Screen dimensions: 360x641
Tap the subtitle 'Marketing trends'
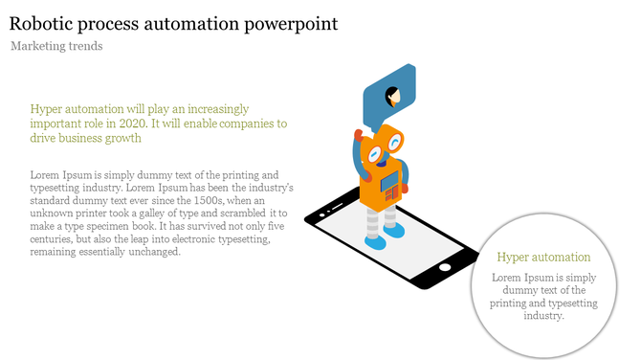pyautogui.click(x=56, y=46)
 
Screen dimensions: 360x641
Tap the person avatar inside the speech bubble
pyautogui.click(x=392, y=96)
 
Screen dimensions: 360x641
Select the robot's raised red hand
pyautogui.click(x=357, y=134)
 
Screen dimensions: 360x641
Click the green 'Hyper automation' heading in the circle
pyautogui.click(x=543, y=258)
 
